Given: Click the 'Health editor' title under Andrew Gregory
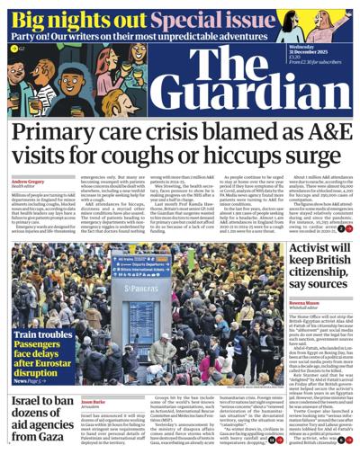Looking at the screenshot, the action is click(x=25, y=188).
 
